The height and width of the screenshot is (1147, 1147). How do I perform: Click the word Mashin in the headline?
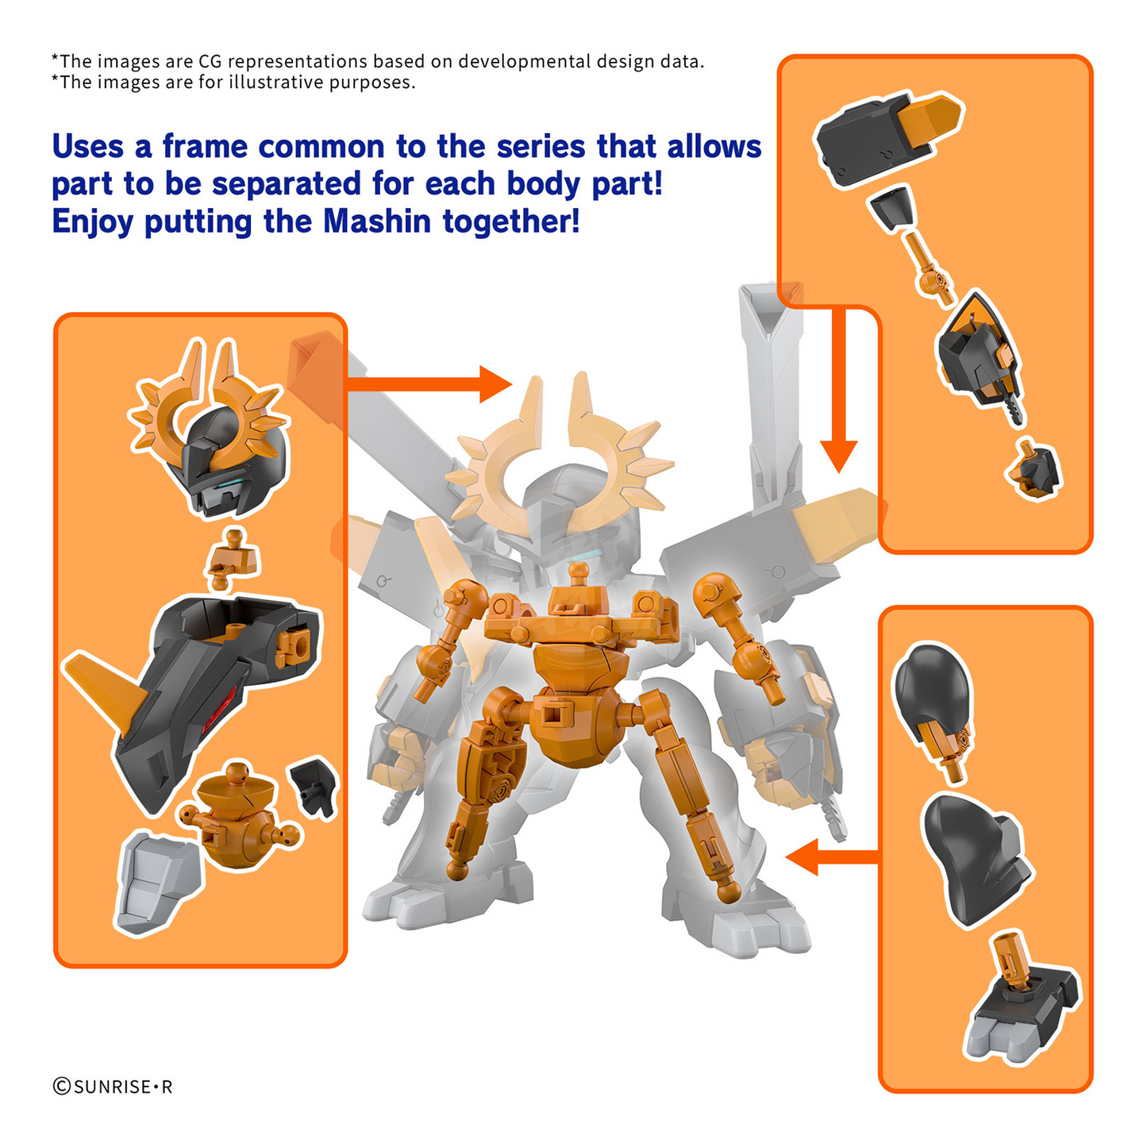pyautogui.click(x=377, y=221)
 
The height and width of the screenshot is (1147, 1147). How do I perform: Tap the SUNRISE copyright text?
pyautogui.click(x=113, y=1087)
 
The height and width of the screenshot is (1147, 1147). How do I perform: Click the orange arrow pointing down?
pyautogui.click(x=838, y=391)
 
